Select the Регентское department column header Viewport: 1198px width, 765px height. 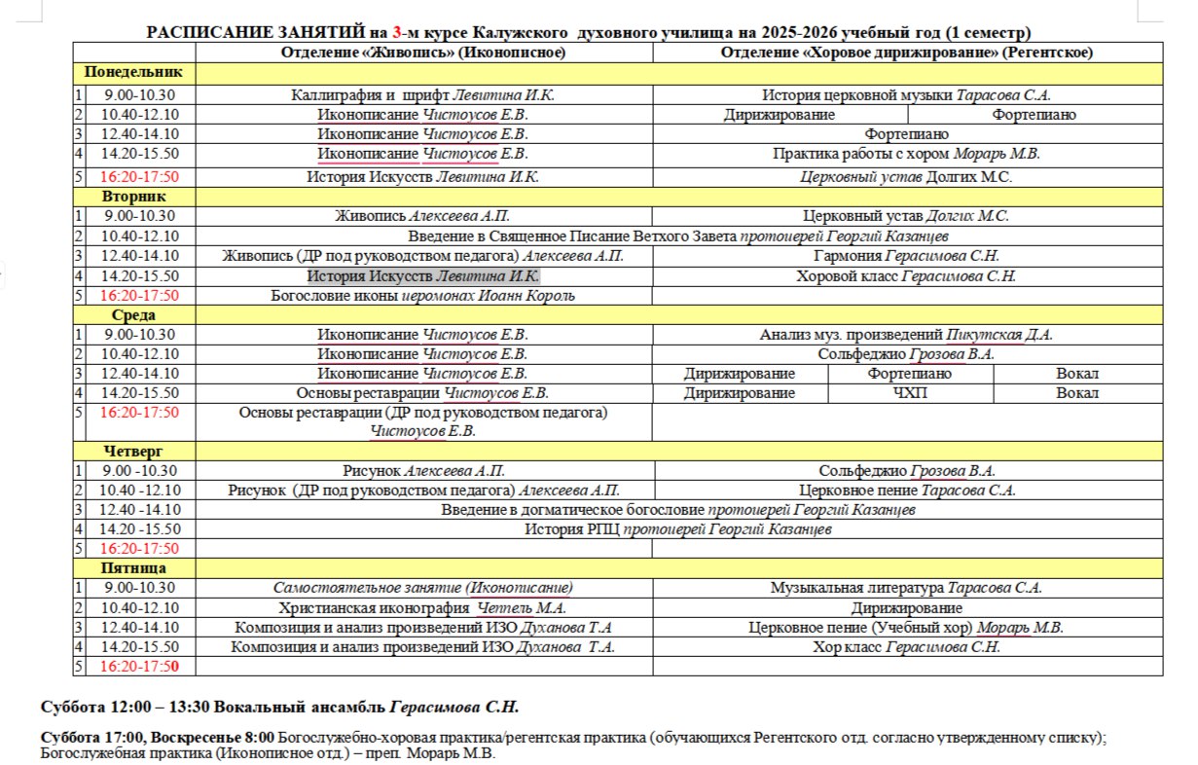coord(906,53)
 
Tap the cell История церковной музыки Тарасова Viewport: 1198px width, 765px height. coord(906,95)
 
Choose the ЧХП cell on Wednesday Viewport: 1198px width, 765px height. coord(910,393)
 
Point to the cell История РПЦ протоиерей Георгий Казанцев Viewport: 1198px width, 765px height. coord(676,529)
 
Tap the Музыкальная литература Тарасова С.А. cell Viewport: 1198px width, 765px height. coord(906,588)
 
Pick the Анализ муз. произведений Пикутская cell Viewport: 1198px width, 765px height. coord(906,335)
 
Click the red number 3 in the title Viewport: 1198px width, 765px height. coord(397,33)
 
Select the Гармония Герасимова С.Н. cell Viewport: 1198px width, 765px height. coord(906,256)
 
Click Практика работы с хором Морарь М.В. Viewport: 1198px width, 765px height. coord(906,154)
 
